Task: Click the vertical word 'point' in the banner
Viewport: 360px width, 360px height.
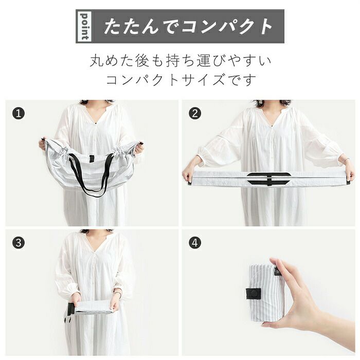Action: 84,26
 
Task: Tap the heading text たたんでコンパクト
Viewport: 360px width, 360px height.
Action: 188,26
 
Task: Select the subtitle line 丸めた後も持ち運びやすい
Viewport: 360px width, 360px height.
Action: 181,61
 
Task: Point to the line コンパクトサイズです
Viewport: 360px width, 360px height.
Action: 181,79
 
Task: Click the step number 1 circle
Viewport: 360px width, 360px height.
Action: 19,114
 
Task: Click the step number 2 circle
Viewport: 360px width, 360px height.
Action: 195,114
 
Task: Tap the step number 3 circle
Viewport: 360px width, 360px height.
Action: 19,243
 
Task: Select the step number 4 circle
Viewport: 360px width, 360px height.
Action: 195,243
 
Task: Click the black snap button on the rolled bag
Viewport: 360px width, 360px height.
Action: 253,294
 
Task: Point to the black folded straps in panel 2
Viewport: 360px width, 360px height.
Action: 269,178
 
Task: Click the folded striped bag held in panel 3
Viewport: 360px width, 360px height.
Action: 94,308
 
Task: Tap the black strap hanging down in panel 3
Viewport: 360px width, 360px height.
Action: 69,315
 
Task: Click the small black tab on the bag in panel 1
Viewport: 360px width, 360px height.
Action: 92,158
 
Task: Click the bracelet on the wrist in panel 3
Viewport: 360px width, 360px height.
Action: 117,293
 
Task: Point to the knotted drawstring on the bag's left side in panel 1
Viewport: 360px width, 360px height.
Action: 65,150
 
